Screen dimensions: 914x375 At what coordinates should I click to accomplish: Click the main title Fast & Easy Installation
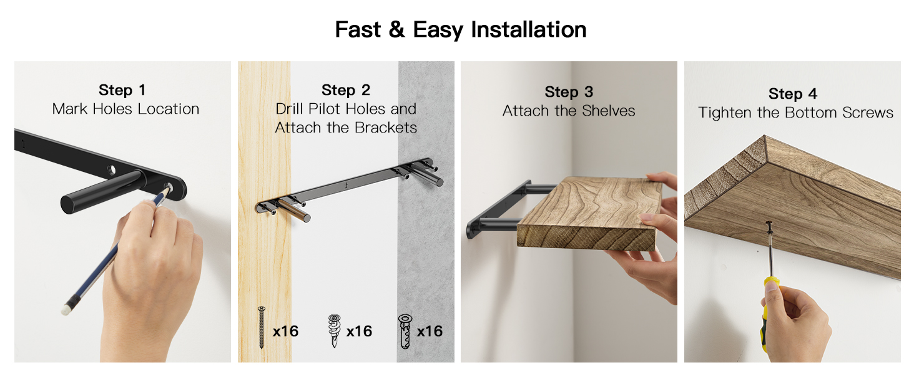[461, 29]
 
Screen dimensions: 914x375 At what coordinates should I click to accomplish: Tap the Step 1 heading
[122, 90]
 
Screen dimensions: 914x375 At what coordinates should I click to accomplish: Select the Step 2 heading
[346, 90]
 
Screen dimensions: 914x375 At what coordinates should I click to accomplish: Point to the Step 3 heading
[569, 92]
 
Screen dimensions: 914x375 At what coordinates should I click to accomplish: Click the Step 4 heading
[792, 94]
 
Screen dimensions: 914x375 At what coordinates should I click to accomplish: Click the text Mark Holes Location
[125, 109]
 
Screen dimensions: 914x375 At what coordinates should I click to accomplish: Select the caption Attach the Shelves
[569, 111]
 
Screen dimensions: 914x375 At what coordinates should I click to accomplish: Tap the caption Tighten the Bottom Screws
[795, 112]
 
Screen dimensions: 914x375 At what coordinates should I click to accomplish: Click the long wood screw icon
[262, 327]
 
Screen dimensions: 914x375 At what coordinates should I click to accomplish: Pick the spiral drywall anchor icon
[334, 331]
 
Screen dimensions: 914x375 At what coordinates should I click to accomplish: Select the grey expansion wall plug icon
[405, 331]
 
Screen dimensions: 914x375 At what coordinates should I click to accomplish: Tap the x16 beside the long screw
[286, 331]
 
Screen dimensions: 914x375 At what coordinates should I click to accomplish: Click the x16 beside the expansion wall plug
[430, 331]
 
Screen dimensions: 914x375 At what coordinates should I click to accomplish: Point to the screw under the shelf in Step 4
[769, 229]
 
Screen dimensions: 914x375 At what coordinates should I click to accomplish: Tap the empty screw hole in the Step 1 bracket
[111, 170]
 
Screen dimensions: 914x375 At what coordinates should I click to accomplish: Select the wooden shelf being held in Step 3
[589, 213]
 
